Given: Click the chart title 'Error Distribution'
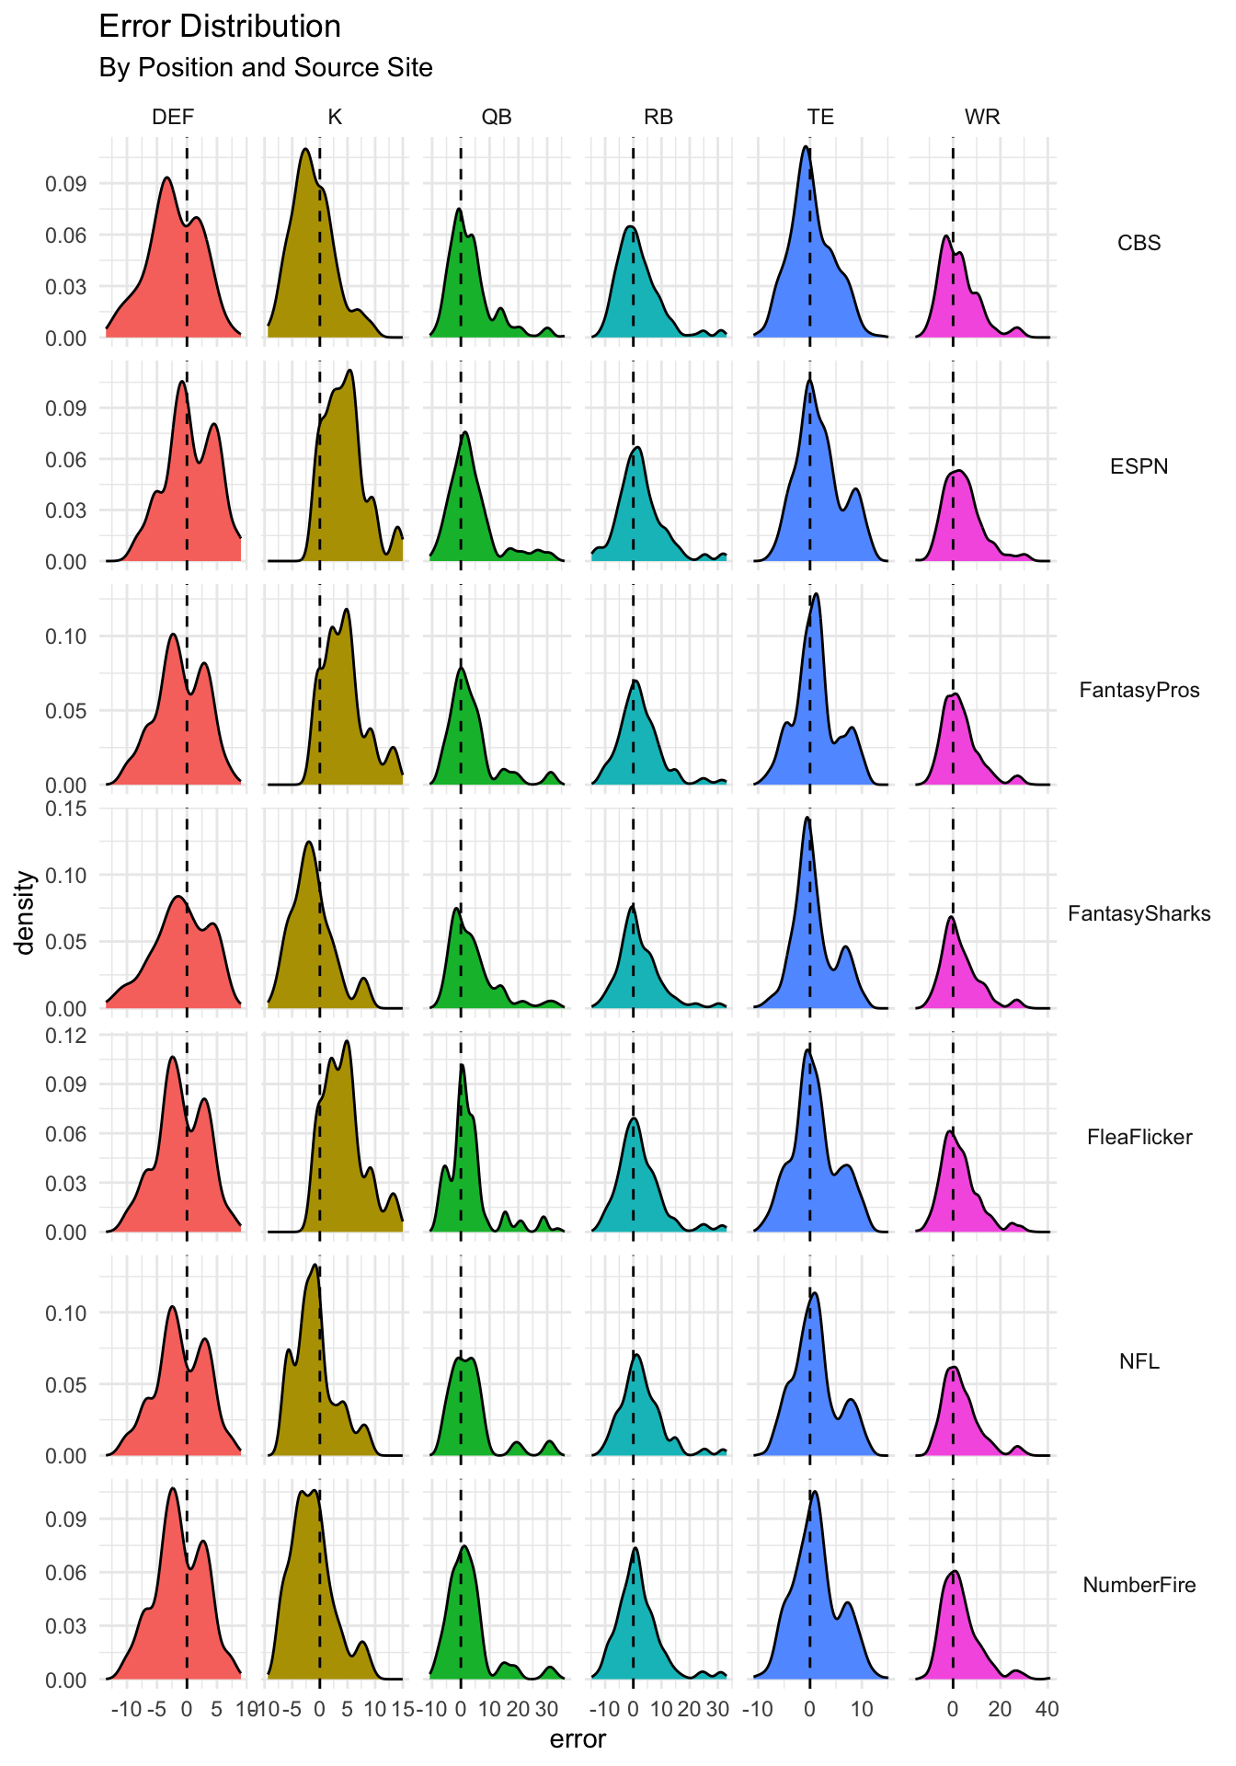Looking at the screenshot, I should (x=219, y=27).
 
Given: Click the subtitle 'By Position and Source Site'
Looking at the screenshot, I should (x=265, y=68).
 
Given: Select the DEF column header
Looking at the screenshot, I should (x=173, y=117).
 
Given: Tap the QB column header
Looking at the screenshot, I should (x=497, y=117).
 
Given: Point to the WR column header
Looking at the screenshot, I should (x=982, y=117).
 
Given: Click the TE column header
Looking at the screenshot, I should (x=820, y=117).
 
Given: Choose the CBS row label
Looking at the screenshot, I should (x=1139, y=243).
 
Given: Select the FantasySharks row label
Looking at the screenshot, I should (x=1139, y=913).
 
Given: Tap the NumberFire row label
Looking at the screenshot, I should (x=1139, y=1585).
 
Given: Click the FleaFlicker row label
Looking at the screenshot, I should (x=1139, y=1137).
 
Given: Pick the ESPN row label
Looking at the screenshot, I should (x=1139, y=466).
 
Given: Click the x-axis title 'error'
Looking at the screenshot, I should (x=578, y=1739).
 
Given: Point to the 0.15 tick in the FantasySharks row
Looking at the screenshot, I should (x=66, y=808).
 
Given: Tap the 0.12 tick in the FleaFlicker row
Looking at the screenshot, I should (x=66, y=1035).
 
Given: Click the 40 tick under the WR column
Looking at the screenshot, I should (x=1047, y=1709).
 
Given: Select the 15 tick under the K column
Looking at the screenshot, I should (x=402, y=1709).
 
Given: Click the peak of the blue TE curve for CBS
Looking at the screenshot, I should (x=806, y=146).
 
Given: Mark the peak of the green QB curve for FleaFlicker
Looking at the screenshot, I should (x=462, y=1065).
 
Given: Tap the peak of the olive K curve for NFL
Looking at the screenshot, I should (x=315, y=1265).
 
